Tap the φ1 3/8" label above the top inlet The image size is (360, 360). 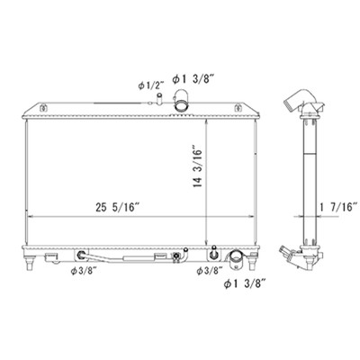pyautogui.click(x=193, y=79)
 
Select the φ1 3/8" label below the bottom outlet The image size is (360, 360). pyautogui.click(x=245, y=283)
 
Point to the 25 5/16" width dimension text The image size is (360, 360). pyautogui.click(x=118, y=207)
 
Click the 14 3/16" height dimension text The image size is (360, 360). pyautogui.click(x=198, y=167)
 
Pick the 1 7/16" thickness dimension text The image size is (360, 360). pyautogui.click(x=338, y=207)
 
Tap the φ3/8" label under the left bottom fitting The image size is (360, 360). pyautogui.click(x=84, y=271)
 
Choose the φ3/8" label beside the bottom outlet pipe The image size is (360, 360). pyautogui.click(x=210, y=271)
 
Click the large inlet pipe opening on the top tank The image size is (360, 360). pyautogui.click(x=181, y=105)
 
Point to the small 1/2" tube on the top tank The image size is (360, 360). pyautogui.click(x=159, y=99)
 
